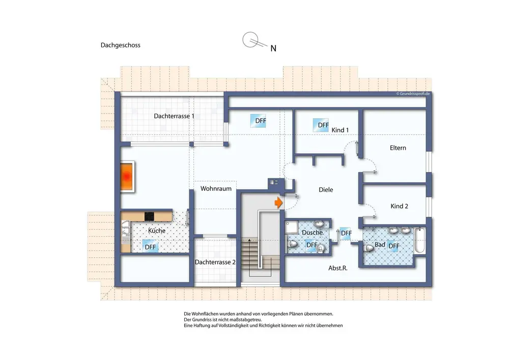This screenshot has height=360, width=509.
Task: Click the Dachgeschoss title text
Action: pyautogui.click(x=121, y=45)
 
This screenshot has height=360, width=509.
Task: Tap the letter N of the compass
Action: pyautogui.click(x=273, y=48)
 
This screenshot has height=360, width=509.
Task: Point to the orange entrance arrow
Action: pyautogui.click(x=278, y=203)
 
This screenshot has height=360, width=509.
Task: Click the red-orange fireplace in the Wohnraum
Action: pyautogui.click(x=127, y=177)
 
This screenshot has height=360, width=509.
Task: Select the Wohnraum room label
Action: pyautogui.click(x=216, y=188)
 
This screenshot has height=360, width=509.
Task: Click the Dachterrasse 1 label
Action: pyautogui.click(x=174, y=116)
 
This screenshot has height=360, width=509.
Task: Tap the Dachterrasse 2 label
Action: pyautogui.click(x=215, y=262)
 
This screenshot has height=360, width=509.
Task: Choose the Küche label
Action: pyautogui.click(x=157, y=231)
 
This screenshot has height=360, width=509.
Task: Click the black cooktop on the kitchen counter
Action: pyautogui.click(x=149, y=216)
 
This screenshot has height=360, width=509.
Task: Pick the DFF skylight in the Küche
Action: pyautogui.click(x=150, y=247)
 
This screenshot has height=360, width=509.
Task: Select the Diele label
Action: pyautogui.click(x=326, y=189)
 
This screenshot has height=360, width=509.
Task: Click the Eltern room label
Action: pyautogui.click(x=398, y=148)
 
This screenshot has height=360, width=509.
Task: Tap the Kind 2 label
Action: pyautogui.click(x=399, y=206)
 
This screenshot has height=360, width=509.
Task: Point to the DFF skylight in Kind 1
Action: pyautogui.click(x=321, y=125)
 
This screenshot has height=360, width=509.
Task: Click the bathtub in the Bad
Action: pyautogui.click(x=419, y=240)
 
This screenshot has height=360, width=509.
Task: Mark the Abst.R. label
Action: pyautogui.click(x=338, y=268)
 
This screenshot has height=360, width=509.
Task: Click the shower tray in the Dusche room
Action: pyautogui.click(x=292, y=227)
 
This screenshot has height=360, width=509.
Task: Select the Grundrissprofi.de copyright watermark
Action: pyautogui.click(x=413, y=94)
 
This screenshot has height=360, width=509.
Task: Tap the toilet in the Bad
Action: pyautogui.click(x=369, y=248)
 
